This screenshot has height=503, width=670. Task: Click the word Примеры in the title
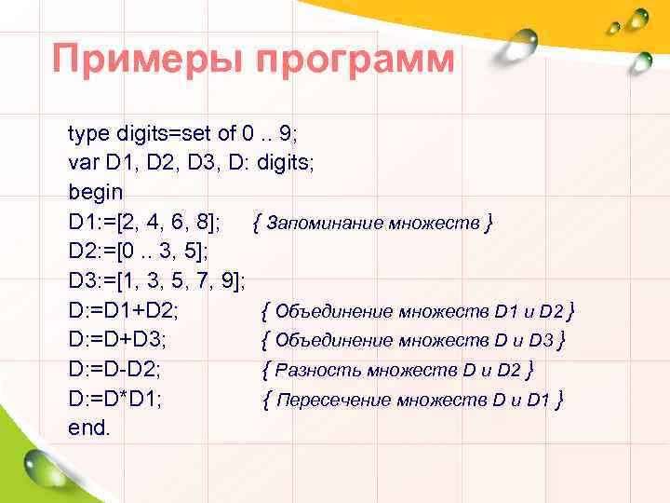(148, 60)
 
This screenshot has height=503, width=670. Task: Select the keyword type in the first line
(90, 133)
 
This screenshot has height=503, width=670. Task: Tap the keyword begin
(95, 193)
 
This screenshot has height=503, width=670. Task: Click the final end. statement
(89, 428)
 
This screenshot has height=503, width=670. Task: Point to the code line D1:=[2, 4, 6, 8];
(144, 223)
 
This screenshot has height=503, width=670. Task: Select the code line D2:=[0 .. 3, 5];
(138, 251)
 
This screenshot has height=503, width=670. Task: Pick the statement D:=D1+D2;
(124, 310)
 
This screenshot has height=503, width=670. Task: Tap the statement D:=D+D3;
(117, 340)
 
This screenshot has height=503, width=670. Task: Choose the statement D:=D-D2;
(114, 370)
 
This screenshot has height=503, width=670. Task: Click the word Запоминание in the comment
(314, 224)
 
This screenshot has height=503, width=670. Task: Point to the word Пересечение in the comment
(334, 401)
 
